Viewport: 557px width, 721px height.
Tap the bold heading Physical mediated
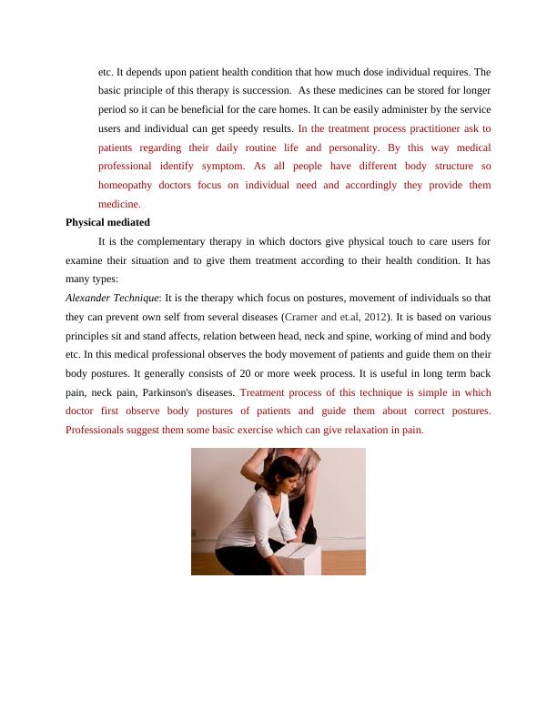pyautogui.click(x=108, y=222)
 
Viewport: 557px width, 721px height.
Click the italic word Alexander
pyautogui.click(x=88, y=298)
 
